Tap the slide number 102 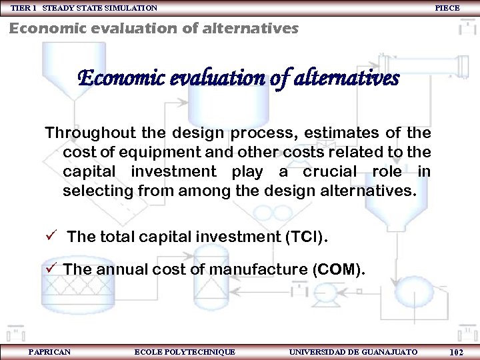[x=457, y=352]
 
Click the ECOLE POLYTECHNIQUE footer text [x=185, y=351]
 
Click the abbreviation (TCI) [x=306, y=237]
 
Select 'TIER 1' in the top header [x=24, y=8]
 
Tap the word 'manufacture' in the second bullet [x=257, y=270]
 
